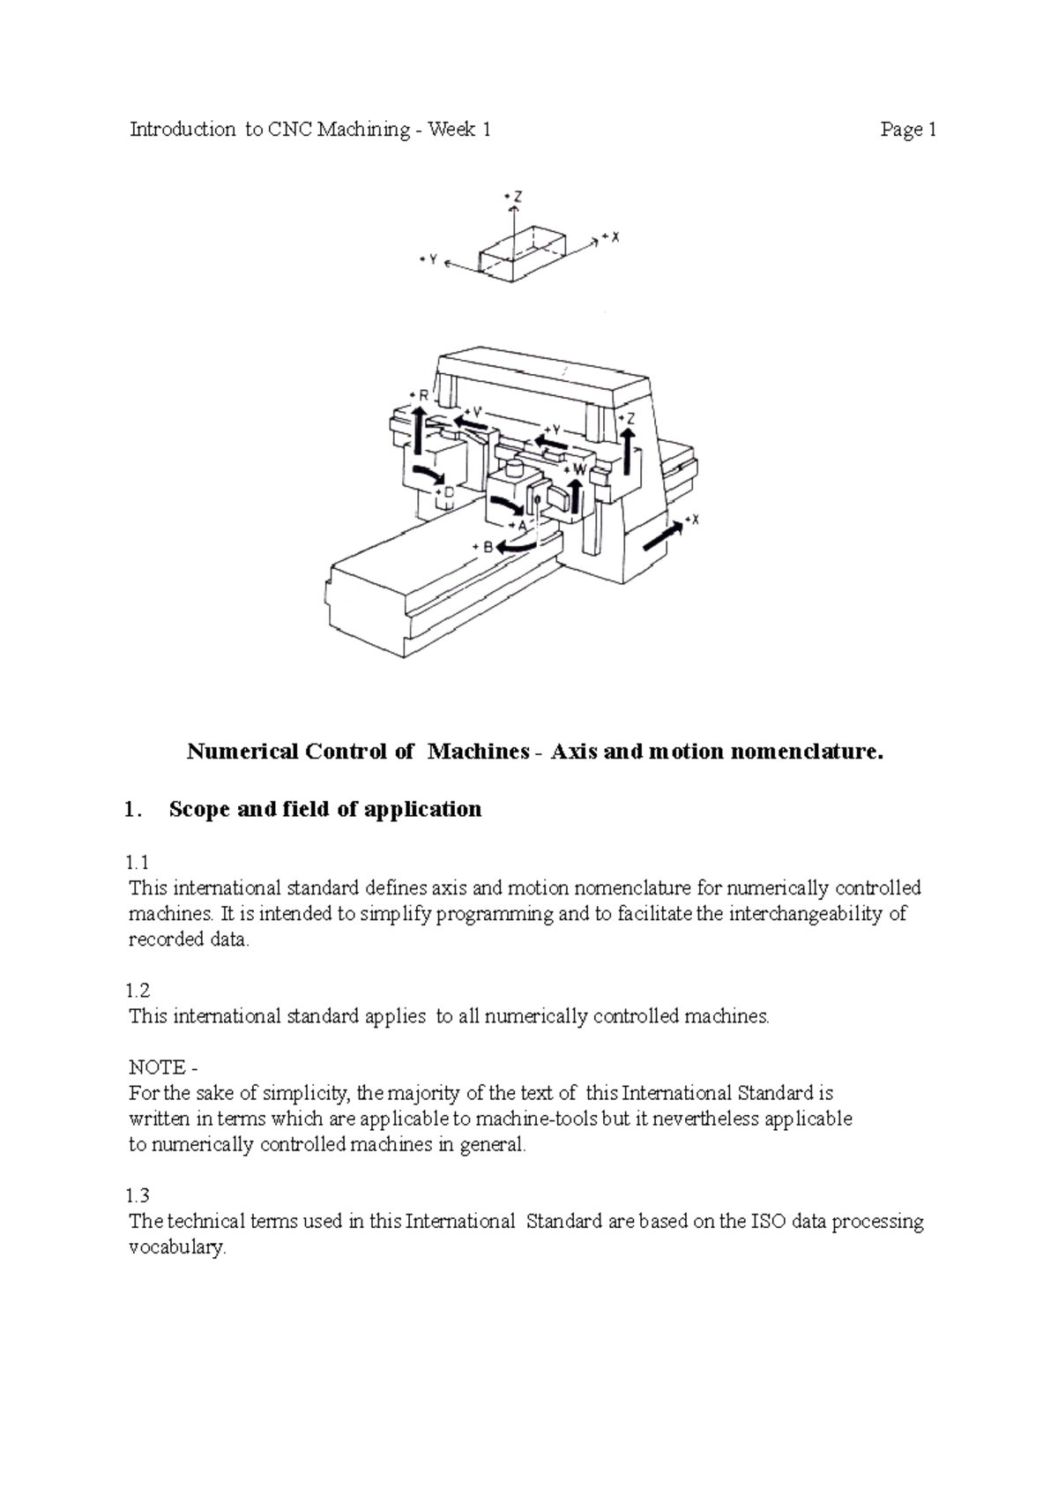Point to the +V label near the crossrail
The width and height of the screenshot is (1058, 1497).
[x=473, y=411]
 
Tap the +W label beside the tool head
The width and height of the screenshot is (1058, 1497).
[x=577, y=470]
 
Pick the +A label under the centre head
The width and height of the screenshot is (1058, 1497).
[x=518, y=524]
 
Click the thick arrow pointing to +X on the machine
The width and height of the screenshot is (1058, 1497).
[x=662, y=535]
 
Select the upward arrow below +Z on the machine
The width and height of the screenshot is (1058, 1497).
[x=627, y=453]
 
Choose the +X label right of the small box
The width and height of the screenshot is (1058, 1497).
[x=610, y=236]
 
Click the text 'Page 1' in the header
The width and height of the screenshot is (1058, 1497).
[x=907, y=131]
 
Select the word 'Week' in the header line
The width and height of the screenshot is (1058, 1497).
[x=449, y=131]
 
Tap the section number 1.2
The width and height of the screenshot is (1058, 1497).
[x=138, y=991]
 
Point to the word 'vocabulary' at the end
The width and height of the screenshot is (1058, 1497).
[x=177, y=1248]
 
